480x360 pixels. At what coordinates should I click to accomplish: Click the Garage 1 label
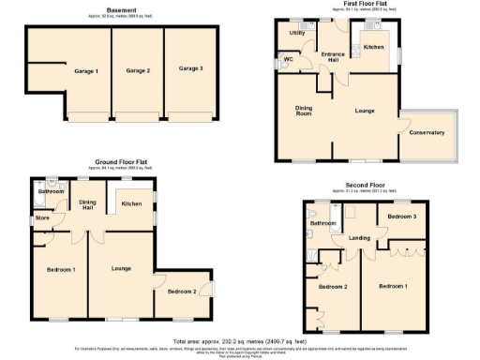coord(86,71)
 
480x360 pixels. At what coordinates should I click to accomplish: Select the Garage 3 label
coord(190,68)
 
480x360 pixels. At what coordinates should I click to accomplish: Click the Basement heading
coord(121,10)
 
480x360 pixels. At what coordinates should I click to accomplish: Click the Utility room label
coord(296,33)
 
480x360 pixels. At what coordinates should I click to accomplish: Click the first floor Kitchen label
coord(374,46)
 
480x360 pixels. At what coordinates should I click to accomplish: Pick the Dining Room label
coord(304,111)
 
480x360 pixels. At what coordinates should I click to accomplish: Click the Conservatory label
coord(427,132)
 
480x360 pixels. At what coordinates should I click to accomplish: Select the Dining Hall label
coord(88,205)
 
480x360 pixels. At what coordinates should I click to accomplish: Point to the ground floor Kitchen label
coord(131,203)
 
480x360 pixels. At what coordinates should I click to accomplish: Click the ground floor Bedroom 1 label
coord(61,270)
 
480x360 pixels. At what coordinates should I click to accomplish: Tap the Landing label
coord(360,238)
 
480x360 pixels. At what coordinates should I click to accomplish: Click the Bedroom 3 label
coord(401,217)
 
